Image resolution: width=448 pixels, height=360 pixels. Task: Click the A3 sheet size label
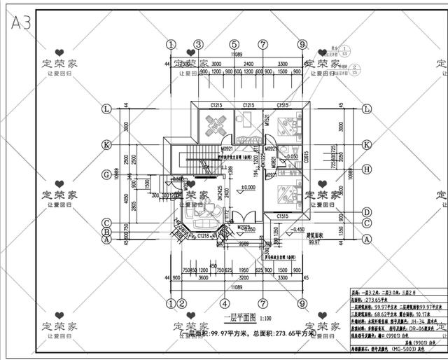pos(21,22)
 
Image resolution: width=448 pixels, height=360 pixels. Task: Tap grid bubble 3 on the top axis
pos(197,44)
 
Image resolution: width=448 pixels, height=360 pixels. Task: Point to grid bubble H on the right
pos(367,168)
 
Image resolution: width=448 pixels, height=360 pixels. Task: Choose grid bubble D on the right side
pos(367,212)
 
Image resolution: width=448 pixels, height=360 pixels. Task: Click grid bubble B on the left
pos(107,231)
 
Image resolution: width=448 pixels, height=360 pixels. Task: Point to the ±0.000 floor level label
pos(247,187)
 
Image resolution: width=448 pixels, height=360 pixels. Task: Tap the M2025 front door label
pos(243,227)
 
